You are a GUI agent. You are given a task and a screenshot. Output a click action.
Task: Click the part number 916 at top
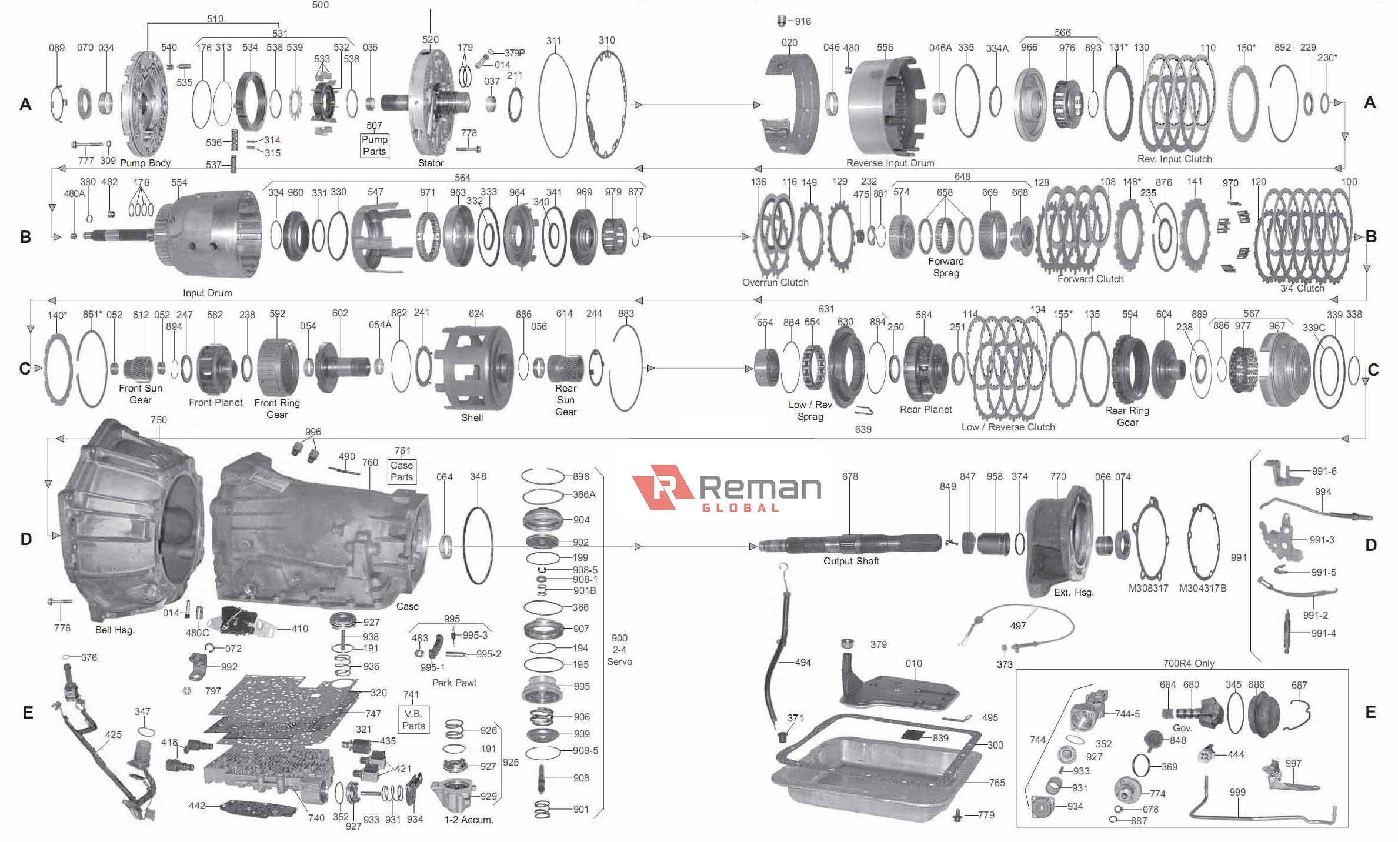pyautogui.click(x=802, y=21)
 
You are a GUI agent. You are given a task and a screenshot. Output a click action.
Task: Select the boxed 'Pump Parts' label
pyautogui.click(x=374, y=145)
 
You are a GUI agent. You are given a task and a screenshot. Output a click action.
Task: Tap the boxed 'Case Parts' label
pyautogui.click(x=402, y=471)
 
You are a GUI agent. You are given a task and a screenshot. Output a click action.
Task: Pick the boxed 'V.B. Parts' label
pyautogui.click(x=413, y=719)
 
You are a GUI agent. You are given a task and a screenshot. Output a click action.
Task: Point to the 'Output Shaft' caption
pyautogui.click(x=850, y=561)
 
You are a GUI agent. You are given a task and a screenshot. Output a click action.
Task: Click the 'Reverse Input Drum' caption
pyautogui.click(x=889, y=163)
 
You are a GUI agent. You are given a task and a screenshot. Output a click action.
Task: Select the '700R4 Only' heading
pyautogui.click(x=1188, y=663)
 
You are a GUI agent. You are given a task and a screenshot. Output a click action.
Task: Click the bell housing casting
pyautogui.click(x=129, y=523)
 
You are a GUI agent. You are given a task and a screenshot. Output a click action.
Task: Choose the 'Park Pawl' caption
pyautogui.click(x=453, y=683)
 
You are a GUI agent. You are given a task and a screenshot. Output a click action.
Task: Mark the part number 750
pyautogui.click(x=158, y=420)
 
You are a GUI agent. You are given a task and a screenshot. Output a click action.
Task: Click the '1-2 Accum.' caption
pyautogui.click(x=468, y=820)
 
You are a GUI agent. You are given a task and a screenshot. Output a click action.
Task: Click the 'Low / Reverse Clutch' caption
pyautogui.click(x=1007, y=427)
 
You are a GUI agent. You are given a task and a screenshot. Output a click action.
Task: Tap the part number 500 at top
pyautogui.click(x=321, y=5)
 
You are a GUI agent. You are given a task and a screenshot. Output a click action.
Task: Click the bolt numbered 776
pyautogui.click(x=60, y=602)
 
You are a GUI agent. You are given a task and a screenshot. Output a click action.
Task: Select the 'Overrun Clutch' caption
pyautogui.click(x=775, y=282)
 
